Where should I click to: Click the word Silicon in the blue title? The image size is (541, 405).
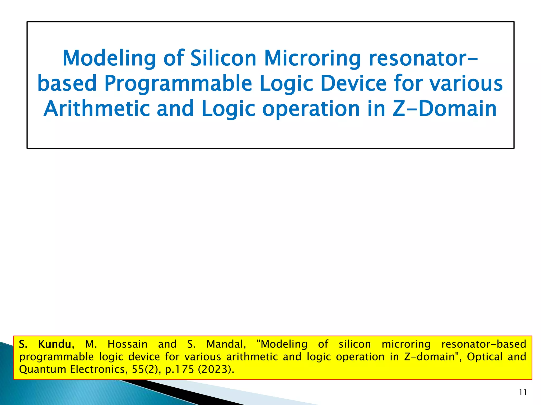223,58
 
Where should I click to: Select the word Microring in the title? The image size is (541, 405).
312,58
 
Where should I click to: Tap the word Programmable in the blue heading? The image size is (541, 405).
178,83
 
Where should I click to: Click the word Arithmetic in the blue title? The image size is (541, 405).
97,109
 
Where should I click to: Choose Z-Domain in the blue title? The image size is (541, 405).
445,109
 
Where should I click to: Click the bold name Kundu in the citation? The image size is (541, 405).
55,344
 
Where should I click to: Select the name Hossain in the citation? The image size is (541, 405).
127,344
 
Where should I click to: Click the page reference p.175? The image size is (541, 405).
179,369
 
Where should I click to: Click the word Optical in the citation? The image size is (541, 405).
484,357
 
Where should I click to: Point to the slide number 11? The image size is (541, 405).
523,392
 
